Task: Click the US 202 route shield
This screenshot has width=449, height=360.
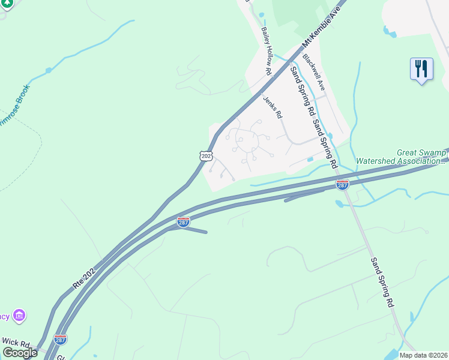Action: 206,155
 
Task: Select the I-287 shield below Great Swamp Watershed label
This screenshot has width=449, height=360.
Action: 342,184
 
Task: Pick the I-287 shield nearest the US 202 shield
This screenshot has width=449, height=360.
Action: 184,222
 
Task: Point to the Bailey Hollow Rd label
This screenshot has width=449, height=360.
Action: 267,50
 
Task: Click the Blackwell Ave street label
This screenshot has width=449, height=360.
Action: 313,73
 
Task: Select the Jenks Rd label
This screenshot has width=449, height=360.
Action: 272,107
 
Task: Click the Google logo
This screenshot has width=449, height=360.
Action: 19,352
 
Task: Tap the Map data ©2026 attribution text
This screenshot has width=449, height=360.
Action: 423,355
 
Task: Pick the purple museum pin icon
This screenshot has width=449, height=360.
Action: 19,314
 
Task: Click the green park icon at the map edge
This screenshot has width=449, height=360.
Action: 5,4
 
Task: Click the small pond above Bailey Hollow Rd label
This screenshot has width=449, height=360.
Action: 261,14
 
